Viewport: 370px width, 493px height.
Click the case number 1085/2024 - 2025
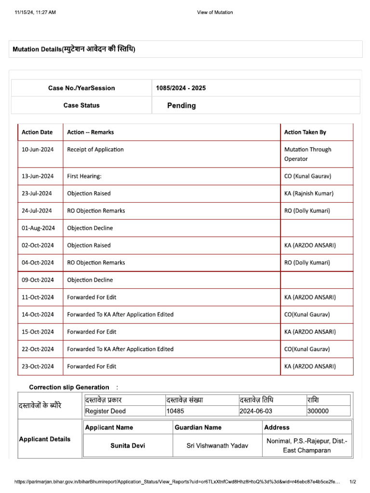(181, 88)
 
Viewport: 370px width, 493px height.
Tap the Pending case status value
(181, 105)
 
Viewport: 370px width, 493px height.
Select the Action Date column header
(37, 132)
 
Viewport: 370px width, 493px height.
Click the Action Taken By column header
(305, 132)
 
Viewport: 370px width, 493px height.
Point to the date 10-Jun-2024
(38, 149)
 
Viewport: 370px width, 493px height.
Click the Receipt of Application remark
(95, 149)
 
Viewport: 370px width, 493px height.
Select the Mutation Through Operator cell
(307, 154)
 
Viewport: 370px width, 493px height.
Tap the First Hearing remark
(84, 176)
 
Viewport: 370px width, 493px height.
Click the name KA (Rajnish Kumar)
(308, 194)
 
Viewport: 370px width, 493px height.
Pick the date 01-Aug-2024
(38, 228)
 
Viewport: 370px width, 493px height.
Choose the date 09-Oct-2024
(38, 280)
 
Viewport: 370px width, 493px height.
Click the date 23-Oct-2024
(38, 366)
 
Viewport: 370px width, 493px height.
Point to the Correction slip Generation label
(69, 387)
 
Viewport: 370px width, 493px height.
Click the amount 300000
(318, 411)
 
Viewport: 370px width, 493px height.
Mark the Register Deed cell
(105, 411)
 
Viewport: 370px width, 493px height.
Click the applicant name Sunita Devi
(127, 446)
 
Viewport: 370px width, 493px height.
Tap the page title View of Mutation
(215, 13)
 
